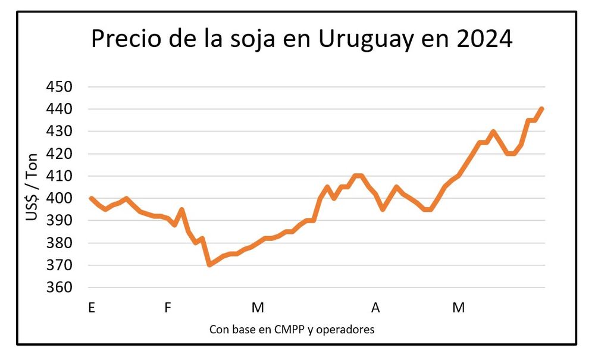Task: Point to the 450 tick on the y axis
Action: tap(58, 87)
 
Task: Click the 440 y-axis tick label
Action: tap(58, 109)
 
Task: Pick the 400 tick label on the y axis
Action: tap(58, 199)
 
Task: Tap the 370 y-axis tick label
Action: tap(58, 265)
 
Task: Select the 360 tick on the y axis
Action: tap(58, 288)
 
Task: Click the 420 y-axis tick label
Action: tap(58, 154)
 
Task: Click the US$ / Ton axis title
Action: tap(32, 187)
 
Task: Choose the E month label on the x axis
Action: tap(91, 308)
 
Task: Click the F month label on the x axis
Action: tap(168, 308)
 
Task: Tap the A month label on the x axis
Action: tap(375, 308)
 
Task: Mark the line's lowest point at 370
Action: tap(209, 265)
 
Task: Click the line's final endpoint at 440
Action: tap(541, 109)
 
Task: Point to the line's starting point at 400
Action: tap(91, 198)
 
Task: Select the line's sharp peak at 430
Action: tap(493, 132)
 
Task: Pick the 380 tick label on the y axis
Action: tap(58, 243)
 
